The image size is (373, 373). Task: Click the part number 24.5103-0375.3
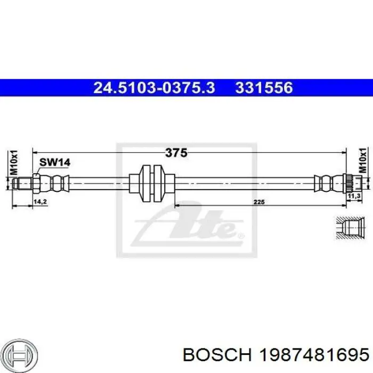154,87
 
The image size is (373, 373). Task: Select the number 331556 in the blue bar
264,87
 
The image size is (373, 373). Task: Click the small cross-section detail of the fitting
350,228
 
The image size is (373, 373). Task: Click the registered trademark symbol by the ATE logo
240,235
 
